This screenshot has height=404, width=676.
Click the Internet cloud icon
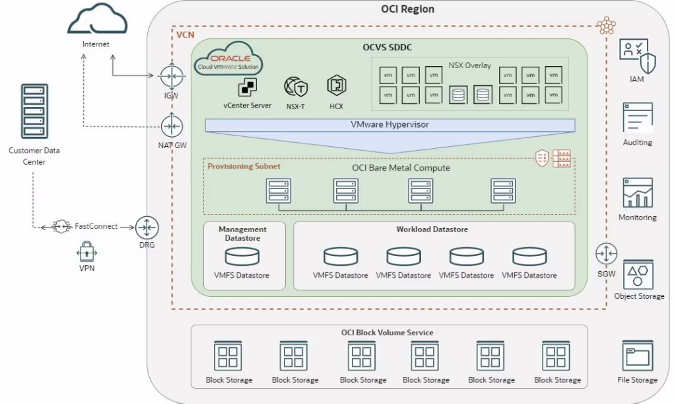(97, 20)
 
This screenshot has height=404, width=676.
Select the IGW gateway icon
(170, 75)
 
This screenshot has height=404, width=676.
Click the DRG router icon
(147, 227)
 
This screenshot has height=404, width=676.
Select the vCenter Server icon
(247, 87)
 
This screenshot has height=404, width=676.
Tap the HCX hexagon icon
(336, 86)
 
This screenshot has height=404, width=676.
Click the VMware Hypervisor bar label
(389, 124)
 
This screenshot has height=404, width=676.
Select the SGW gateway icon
(605, 253)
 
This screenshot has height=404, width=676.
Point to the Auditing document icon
(637, 118)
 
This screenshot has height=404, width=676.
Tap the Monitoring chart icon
(637, 192)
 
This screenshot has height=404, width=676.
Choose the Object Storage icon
(638, 274)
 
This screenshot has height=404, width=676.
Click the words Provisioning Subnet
(244, 167)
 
